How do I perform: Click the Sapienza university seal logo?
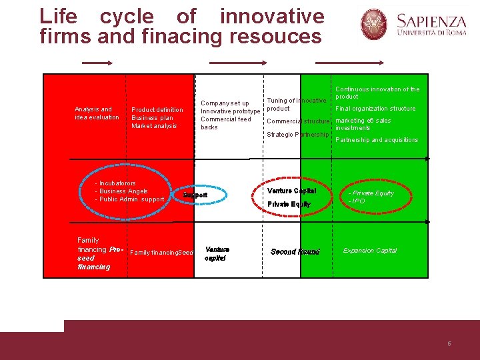pos(374,24)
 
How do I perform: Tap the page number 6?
pos(449,344)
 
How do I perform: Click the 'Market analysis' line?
pos(154,126)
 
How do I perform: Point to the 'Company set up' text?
pos(225,103)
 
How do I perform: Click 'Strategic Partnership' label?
pos(297,135)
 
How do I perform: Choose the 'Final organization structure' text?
pos(375,109)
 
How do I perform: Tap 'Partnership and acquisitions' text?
pos(377,140)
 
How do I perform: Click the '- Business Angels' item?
pos(123,191)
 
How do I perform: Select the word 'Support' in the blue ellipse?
pos(196,195)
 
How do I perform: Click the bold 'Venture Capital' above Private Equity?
pos(291,191)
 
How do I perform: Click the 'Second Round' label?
pos(295,252)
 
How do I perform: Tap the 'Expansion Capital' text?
pos(370,251)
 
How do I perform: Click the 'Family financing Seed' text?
pos(162,253)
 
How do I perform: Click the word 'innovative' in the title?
pos(271,16)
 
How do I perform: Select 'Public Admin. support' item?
pos(131,199)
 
